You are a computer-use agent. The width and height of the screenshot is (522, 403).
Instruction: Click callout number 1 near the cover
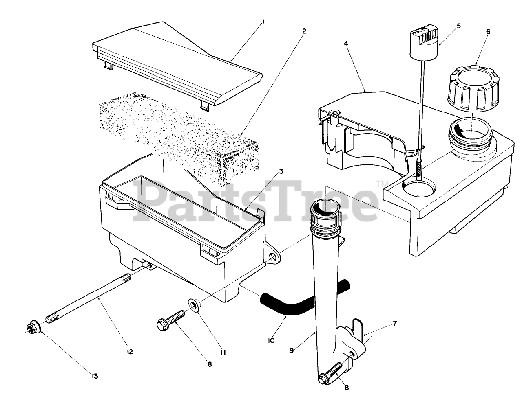[263, 23]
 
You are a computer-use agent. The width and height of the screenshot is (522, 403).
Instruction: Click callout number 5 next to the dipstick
[458, 26]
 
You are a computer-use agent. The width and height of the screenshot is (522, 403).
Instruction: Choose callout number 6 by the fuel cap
[488, 31]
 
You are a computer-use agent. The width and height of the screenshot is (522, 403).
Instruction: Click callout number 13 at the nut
[95, 377]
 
